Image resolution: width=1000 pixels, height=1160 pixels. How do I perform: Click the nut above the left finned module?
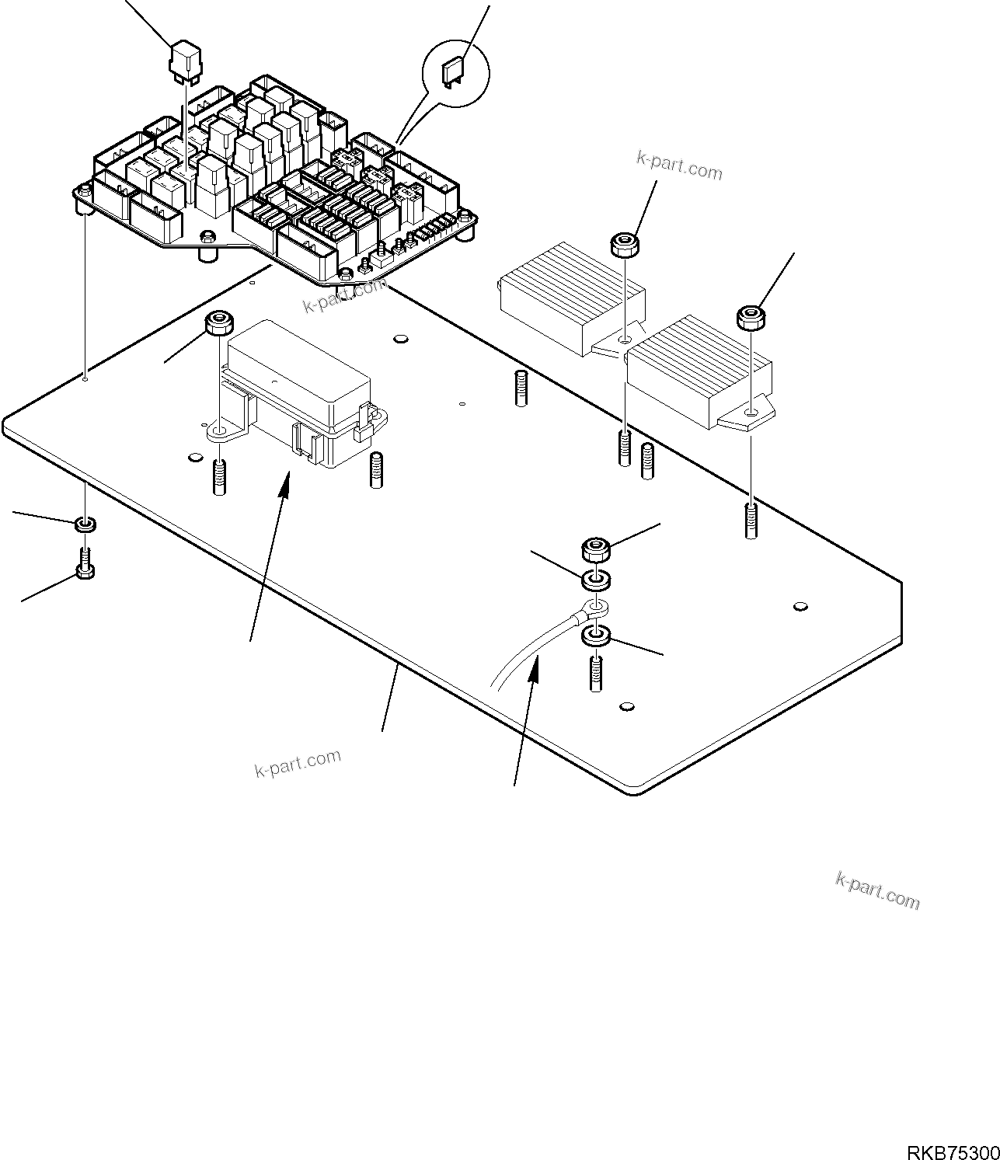[625, 246]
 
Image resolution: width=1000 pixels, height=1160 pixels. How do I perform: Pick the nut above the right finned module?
[749, 316]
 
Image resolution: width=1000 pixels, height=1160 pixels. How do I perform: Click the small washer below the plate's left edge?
[85, 526]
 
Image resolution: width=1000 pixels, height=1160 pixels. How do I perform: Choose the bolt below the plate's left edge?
[85, 563]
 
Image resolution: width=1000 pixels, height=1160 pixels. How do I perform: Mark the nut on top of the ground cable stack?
[595, 550]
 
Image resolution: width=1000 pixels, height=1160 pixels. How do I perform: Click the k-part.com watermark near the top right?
[679, 165]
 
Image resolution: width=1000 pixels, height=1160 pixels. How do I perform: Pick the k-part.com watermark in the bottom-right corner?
[877, 890]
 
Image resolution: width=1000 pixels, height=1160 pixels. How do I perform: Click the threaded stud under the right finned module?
[751, 521]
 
